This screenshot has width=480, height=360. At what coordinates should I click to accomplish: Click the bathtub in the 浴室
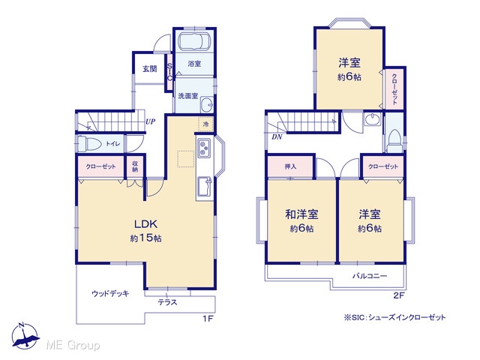click(x=194, y=41)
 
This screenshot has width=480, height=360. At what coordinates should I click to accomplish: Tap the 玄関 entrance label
click(x=150, y=68)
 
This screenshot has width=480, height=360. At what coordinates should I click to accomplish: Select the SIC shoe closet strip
click(x=169, y=72)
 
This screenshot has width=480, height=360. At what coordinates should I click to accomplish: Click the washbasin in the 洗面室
click(x=207, y=105)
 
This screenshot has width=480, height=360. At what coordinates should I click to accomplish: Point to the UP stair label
click(x=150, y=121)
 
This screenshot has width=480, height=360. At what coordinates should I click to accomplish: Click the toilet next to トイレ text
click(x=89, y=143)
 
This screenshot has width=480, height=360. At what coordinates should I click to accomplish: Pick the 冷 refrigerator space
click(x=205, y=124)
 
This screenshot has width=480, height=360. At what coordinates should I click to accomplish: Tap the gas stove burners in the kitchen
click(x=204, y=148)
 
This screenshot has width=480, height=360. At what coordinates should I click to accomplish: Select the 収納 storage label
click(x=135, y=166)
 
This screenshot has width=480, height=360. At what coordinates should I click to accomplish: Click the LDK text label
click(x=146, y=224)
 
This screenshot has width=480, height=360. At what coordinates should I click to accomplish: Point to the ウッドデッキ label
click(x=110, y=293)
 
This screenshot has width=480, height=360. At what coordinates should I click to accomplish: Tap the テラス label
click(x=167, y=302)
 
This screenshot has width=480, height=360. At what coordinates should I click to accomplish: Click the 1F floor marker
click(x=208, y=319)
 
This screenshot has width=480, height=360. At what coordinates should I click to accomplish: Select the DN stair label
click(x=277, y=136)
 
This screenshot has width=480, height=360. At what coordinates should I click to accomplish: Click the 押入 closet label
click(x=290, y=166)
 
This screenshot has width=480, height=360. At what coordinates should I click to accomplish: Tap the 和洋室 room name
click(x=301, y=214)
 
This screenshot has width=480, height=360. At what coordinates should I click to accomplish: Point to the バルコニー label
click(x=370, y=276)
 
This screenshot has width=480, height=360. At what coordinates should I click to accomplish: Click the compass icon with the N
click(x=25, y=336)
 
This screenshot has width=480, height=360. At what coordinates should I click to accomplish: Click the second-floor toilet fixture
click(x=394, y=141)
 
